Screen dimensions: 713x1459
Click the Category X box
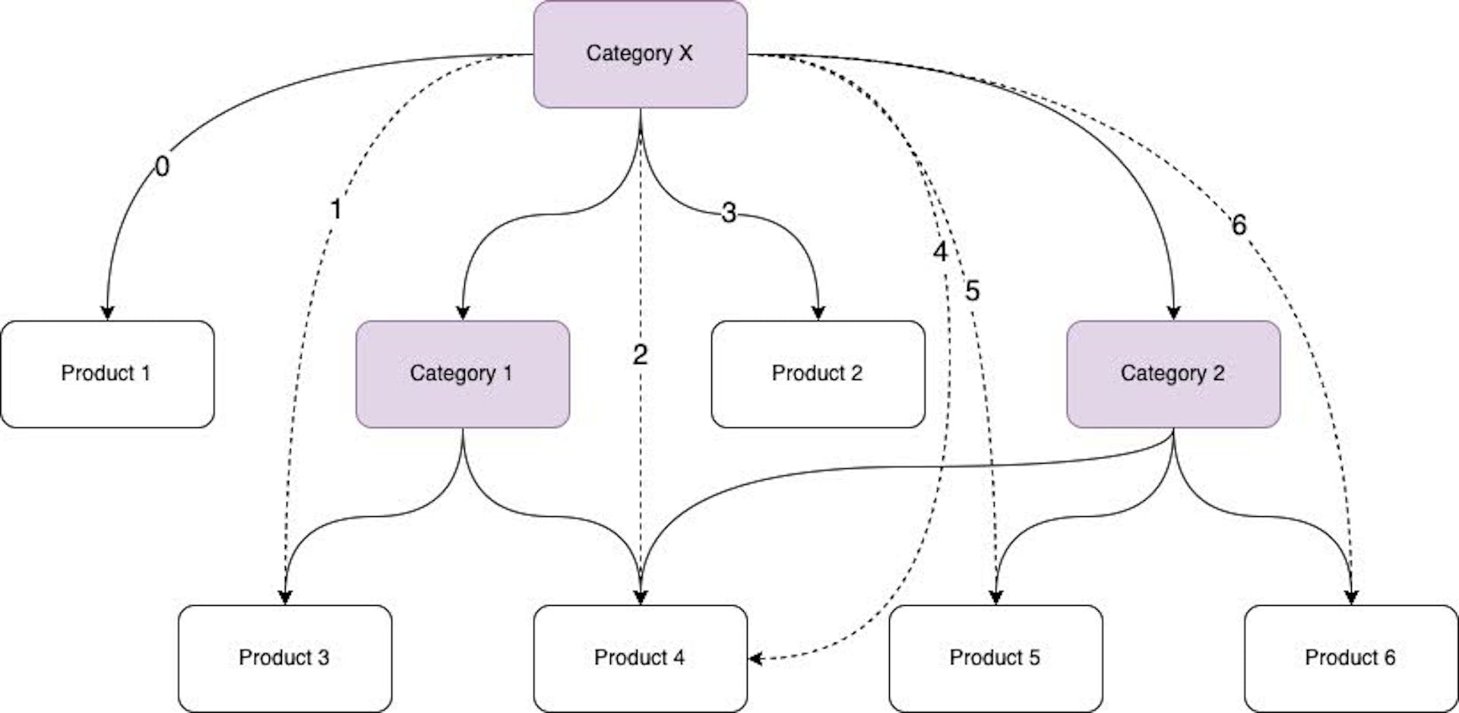pyautogui.click(x=640, y=54)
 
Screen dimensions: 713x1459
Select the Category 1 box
pyautogui.click(x=462, y=374)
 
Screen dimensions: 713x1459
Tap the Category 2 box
pyautogui.click(x=1173, y=374)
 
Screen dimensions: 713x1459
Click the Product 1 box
pyautogui.click(x=107, y=374)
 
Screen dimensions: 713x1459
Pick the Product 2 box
pyautogui.click(x=818, y=374)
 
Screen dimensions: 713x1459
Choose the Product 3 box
pyautogui.click(x=285, y=658)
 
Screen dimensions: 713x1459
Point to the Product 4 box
pyautogui.click(x=640, y=658)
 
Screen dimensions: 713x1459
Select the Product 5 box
pyautogui.click(x=995, y=658)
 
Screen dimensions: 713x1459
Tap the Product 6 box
pyautogui.click(x=1350, y=658)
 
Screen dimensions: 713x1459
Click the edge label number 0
pyautogui.click(x=162, y=166)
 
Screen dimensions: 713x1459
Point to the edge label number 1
pyautogui.click(x=336, y=209)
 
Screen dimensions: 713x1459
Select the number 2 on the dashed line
pyautogui.click(x=640, y=354)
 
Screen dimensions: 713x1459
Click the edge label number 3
pyautogui.click(x=729, y=213)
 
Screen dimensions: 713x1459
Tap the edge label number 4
pyautogui.click(x=940, y=252)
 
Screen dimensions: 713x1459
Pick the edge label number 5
pyautogui.click(x=973, y=291)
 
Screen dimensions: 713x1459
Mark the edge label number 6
pyautogui.click(x=1239, y=225)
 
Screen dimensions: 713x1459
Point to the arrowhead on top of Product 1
pyautogui.click(x=107, y=313)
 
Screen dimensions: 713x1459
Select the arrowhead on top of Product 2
pyautogui.click(x=818, y=313)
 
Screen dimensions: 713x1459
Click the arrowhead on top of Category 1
pyautogui.click(x=462, y=313)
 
